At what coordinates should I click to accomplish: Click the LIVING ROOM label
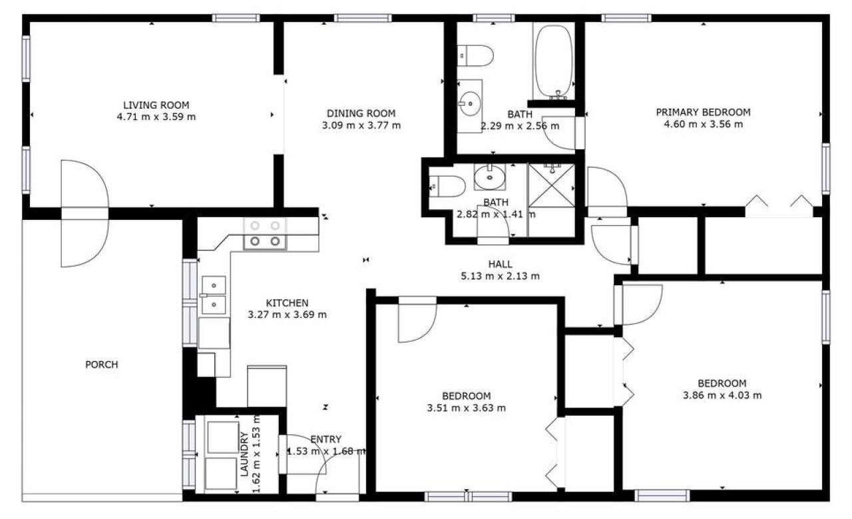[x=156, y=105]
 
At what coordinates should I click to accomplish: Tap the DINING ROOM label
[x=361, y=113]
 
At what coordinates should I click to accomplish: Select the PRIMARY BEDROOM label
[x=704, y=113]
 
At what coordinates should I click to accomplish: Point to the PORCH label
[x=102, y=365]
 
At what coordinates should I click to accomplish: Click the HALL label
[x=500, y=264]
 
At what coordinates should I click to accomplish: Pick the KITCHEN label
[x=287, y=303]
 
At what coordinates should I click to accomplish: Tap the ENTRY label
[x=326, y=440]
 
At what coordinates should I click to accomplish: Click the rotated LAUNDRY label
[x=244, y=454]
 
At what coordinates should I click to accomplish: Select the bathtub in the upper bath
[x=553, y=61]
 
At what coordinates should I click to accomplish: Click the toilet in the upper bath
[x=475, y=55]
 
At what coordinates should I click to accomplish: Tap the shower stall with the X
[x=552, y=185]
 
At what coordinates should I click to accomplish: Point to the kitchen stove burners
[x=265, y=233]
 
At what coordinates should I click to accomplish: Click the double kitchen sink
[x=214, y=296]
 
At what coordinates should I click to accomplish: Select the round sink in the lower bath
[x=489, y=177]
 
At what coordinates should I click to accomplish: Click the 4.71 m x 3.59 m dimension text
[x=156, y=117]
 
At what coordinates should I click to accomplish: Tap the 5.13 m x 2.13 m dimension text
[x=500, y=276]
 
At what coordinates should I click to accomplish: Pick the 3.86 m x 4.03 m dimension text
[x=722, y=395]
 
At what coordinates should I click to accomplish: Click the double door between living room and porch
[x=85, y=214]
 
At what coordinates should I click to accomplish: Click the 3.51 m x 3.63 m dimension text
[x=467, y=408]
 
